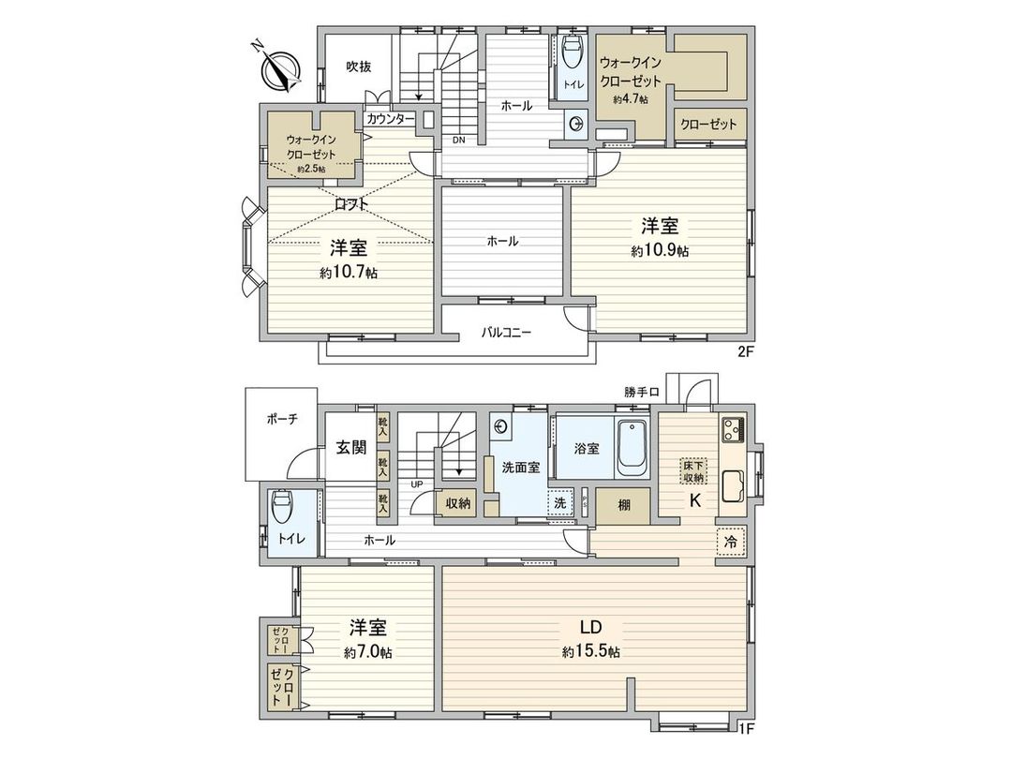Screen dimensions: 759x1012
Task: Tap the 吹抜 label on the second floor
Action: (x=358, y=67)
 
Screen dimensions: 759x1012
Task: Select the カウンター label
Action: (x=391, y=119)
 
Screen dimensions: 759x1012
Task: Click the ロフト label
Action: (x=351, y=203)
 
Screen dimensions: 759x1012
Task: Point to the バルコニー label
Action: (x=507, y=332)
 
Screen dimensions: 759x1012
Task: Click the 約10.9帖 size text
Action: (x=660, y=250)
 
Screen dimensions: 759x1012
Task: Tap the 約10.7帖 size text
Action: (x=348, y=273)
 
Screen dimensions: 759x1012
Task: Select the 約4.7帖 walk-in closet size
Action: (x=631, y=99)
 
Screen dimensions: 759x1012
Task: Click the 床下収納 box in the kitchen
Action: (x=694, y=471)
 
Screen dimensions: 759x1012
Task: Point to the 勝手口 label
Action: (x=643, y=391)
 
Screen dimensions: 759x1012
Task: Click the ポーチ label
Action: (x=281, y=420)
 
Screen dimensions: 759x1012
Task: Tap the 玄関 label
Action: (x=352, y=448)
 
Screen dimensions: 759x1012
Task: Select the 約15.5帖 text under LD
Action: (x=590, y=652)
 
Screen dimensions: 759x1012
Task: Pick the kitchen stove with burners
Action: (x=732, y=430)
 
